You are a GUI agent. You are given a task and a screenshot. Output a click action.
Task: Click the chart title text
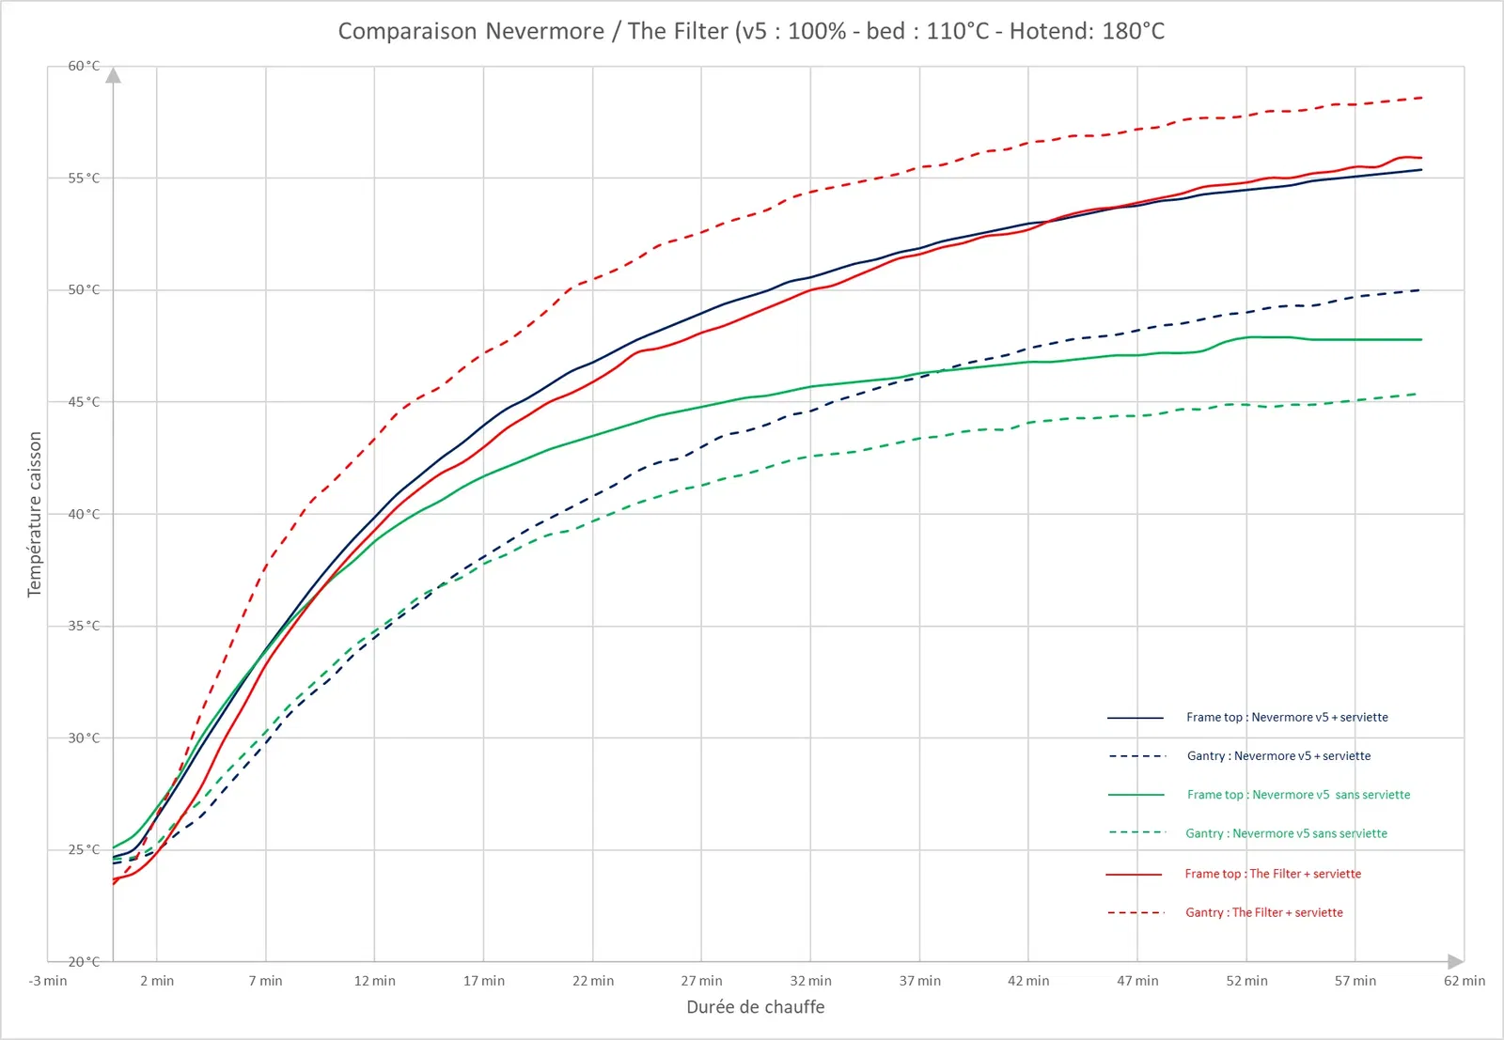[x=751, y=31]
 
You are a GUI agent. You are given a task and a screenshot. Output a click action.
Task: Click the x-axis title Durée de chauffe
[x=755, y=1007]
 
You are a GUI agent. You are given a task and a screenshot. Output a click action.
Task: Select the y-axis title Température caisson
[x=35, y=514]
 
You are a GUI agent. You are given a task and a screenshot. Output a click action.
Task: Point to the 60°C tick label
[x=84, y=66]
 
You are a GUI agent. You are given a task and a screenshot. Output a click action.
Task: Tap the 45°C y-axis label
[x=84, y=402]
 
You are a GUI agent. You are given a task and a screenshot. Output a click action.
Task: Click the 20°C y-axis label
[x=84, y=961]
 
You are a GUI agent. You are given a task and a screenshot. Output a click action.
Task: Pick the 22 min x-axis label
[x=593, y=981]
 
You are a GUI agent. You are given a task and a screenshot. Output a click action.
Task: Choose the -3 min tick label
[x=48, y=981]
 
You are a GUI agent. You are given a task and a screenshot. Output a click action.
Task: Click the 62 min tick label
[x=1465, y=981]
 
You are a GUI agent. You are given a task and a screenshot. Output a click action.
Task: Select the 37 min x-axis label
[x=919, y=981]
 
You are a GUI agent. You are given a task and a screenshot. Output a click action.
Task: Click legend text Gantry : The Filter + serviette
[x=1263, y=912]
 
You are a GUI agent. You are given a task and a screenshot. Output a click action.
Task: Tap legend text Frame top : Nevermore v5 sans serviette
[x=1298, y=795]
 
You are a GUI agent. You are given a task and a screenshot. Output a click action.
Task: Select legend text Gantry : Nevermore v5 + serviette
[x=1278, y=755]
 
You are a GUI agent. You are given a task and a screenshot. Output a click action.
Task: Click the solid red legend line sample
[x=1135, y=874]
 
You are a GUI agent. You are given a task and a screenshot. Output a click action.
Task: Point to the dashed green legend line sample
[x=1136, y=832]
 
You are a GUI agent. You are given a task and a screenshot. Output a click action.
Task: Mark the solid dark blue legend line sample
[x=1136, y=718]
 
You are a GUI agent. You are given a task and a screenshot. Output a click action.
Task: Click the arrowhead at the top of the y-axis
[x=114, y=75]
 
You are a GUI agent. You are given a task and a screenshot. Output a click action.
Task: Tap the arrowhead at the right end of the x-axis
[x=1455, y=961]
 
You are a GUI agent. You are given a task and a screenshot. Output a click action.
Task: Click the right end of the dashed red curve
[x=1421, y=98]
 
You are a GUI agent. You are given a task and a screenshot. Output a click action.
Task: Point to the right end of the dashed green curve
[x=1417, y=395]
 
